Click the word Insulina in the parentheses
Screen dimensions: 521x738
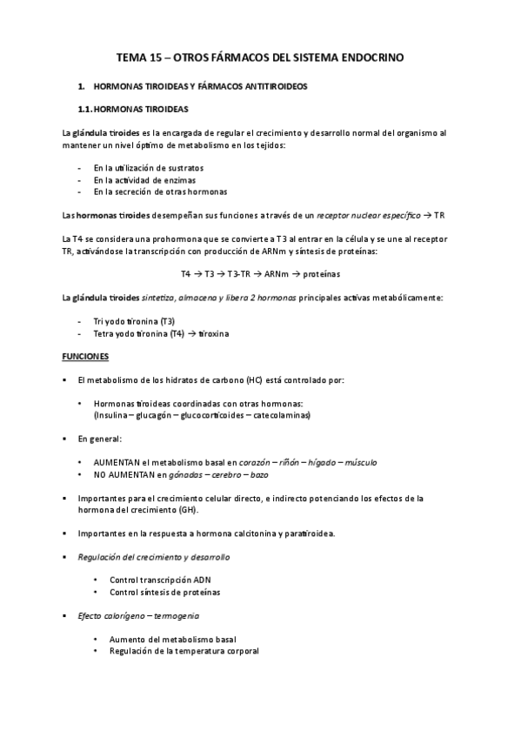[x=112, y=416]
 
